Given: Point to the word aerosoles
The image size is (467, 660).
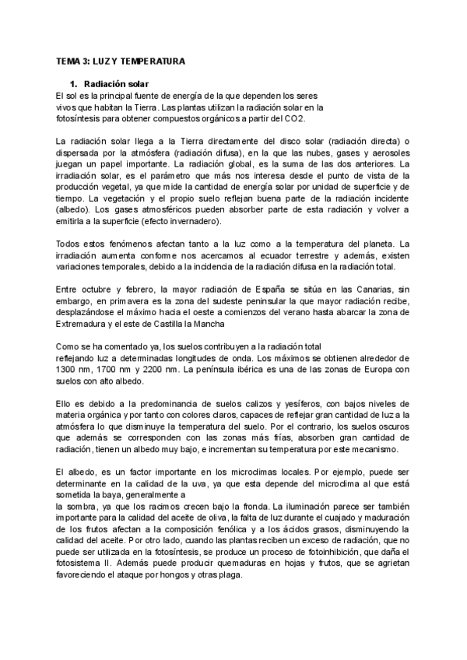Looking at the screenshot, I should (x=390, y=153).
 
